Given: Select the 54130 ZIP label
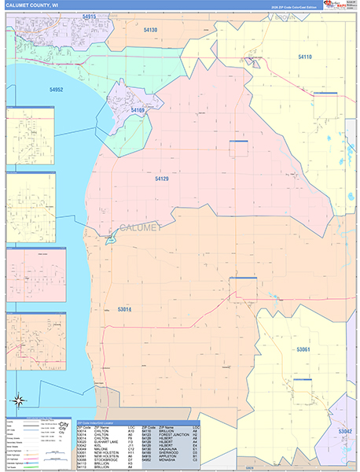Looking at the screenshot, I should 150,30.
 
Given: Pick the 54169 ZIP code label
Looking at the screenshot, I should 138,111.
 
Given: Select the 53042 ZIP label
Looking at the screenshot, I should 345,431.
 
